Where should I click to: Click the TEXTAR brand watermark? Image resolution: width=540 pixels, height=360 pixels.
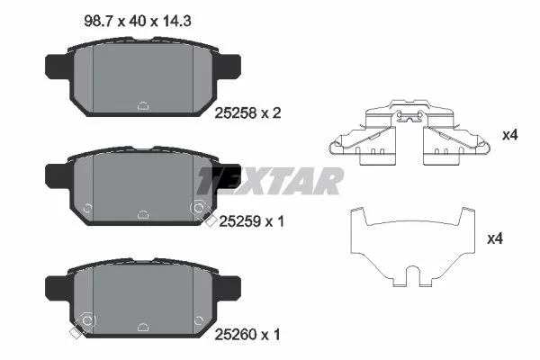click(270, 180)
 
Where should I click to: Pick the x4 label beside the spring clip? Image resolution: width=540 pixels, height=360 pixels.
click(509, 136)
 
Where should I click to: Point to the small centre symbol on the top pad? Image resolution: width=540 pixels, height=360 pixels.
click(142, 105)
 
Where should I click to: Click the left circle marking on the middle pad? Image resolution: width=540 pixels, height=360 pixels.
click(86, 210)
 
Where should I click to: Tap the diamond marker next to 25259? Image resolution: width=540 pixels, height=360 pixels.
click(209, 221)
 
